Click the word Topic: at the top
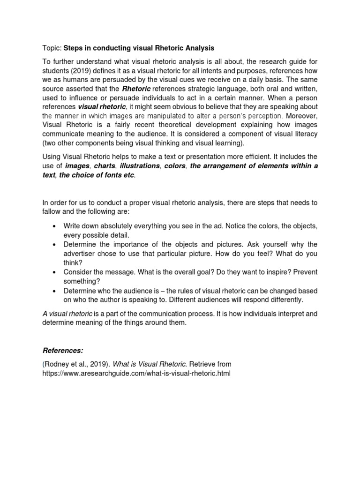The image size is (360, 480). pos(52,48)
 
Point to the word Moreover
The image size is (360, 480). pos(302,116)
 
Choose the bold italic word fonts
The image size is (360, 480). pos(113,175)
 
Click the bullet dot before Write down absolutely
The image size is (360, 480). pos(55,226)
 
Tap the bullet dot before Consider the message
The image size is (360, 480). pos(55,272)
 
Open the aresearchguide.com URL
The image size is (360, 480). pos(136,373)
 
